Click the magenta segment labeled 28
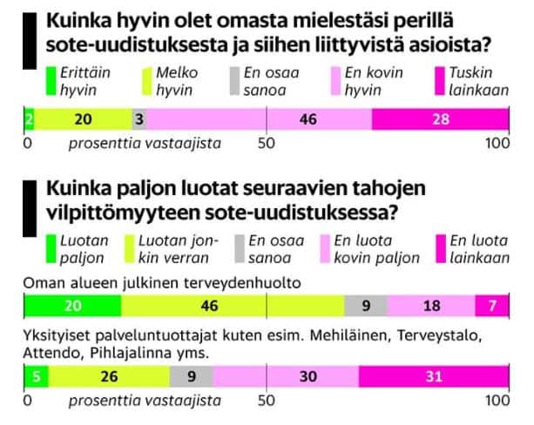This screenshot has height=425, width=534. coord(440,119)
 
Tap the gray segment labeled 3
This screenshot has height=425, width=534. coord(139,119)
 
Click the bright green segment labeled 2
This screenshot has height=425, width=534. coord(29,119)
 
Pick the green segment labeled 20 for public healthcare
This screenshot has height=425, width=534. coord(73,306)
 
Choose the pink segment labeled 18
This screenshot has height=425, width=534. coord(431,306)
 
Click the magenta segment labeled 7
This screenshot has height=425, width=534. coord(492,306)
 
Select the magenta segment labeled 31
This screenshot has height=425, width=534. coord(432,376)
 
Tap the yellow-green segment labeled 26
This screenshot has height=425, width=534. coord(108,376)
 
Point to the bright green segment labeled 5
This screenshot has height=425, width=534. coord(36,376)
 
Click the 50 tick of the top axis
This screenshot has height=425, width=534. coord(267,142)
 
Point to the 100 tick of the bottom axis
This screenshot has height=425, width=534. coord(497,400)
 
